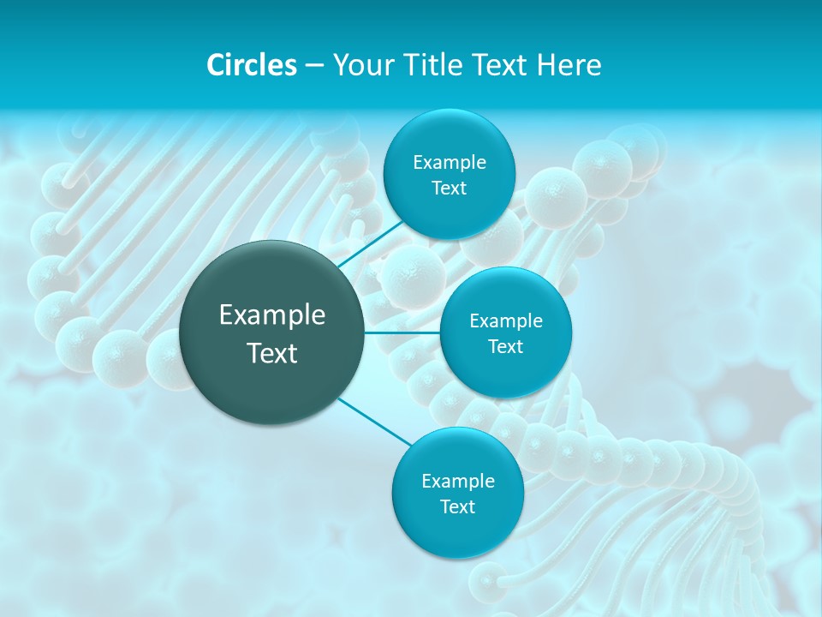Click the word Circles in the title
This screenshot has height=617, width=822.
point(251,65)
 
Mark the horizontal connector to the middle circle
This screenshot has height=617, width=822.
point(402,332)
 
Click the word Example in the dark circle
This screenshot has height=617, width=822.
point(272,315)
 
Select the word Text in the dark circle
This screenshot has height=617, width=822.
point(272,353)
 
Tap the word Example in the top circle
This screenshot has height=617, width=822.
point(450,162)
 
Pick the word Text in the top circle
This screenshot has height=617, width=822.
point(449,189)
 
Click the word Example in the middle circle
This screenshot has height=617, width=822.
point(506,320)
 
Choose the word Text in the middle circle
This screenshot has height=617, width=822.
point(505,347)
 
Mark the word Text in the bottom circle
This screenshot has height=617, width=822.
point(457,507)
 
